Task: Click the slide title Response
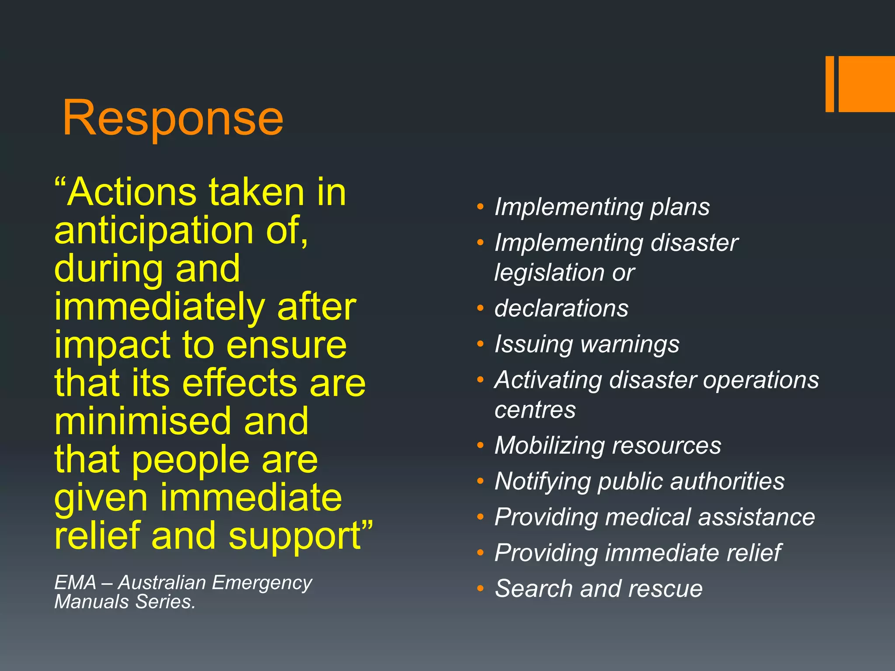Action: click(173, 118)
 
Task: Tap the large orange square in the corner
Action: click(867, 84)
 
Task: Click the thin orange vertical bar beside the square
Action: click(829, 84)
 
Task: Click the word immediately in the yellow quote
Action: click(159, 308)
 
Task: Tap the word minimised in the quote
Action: click(142, 421)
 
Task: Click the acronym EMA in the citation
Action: click(75, 583)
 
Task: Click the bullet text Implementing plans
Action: click(602, 207)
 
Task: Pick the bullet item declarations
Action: click(561, 308)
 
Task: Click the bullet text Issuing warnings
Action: click(586, 344)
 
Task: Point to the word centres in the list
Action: click(535, 410)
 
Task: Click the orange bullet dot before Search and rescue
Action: click(480, 589)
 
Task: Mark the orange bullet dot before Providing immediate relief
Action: click(480, 553)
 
